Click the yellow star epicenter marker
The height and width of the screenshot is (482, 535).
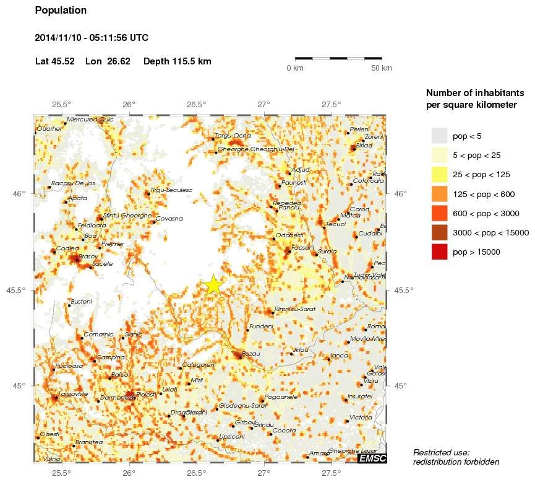pos(213,284)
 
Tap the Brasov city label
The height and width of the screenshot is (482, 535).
pos(88,255)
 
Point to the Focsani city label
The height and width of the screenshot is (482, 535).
pos(303,247)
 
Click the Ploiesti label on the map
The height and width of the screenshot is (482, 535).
pos(147,394)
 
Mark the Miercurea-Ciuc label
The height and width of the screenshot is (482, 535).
pos(90,119)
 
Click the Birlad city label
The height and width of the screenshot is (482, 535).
pos(364,144)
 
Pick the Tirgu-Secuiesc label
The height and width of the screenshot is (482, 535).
pos(171,190)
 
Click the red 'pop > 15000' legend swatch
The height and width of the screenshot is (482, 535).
pos(439,252)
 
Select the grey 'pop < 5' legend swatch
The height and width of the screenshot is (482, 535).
pos(439,136)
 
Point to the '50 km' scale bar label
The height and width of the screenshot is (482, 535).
pos(381,68)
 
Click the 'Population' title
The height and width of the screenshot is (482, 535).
pos(61,11)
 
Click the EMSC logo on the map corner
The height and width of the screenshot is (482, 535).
pos(372,458)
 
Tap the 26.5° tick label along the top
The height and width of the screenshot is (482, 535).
pos(196,104)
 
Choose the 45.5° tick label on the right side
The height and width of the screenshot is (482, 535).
pos(401,290)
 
